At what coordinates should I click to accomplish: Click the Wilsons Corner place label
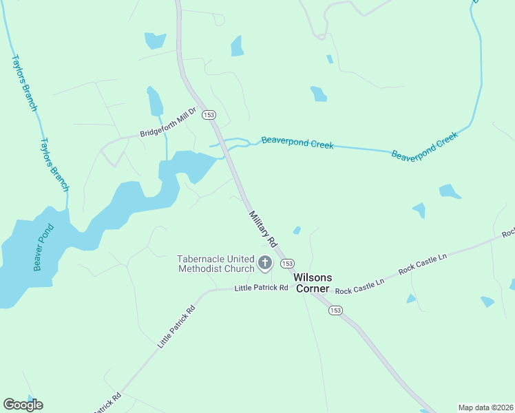click(x=313, y=283)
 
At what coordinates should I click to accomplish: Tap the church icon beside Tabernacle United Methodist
click(x=264, y=262)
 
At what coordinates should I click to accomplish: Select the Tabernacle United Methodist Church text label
click(x=216, y=264)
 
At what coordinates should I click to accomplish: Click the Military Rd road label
click(x=262, y=229)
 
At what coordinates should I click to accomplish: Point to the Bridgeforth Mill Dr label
click(x=169, y=125)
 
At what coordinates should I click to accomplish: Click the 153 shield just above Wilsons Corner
click(x=288, y=264)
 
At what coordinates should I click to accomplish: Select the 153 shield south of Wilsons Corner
click(x=335, y=310)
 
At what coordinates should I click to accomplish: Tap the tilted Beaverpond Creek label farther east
click(x=424, y=146)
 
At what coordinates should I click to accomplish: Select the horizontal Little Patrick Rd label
click(x=261, y=287)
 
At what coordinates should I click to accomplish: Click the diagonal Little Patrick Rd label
click(x=176, y=326)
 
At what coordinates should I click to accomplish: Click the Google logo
click(x=23, y=405)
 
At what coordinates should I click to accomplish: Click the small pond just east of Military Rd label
click(x=297, y=230)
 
